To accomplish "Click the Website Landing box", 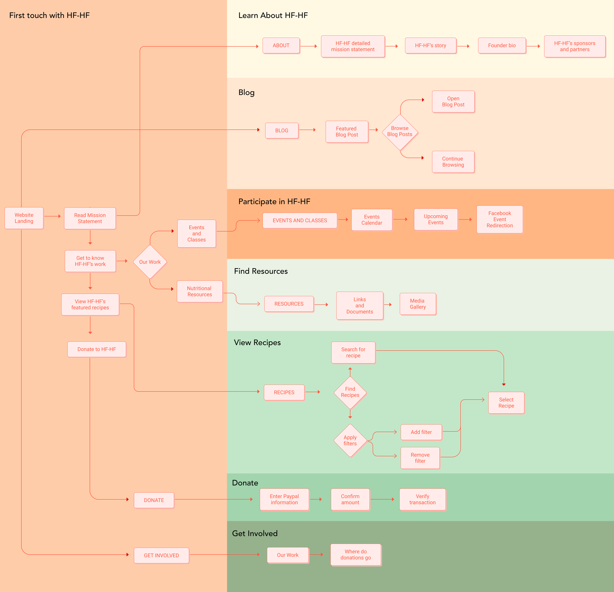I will pos(24,218).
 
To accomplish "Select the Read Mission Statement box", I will pos(90,218).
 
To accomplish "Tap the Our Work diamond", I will pos(150,262).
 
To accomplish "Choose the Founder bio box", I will pos(502,46).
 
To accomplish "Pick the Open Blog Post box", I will pos(453,101).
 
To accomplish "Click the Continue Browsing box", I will pos(453,162).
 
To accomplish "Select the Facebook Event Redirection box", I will pos(500,219).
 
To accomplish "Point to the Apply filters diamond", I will pos(350,441).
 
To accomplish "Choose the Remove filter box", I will pos(420,458).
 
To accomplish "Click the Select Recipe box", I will pos(506,403).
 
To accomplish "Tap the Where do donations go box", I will pos(356,555).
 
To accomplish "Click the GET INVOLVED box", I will pos(161,556).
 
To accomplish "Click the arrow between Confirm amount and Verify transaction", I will pos(382,499).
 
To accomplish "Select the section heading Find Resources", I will pos(261,271).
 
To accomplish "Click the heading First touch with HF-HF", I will pos(50,15).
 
